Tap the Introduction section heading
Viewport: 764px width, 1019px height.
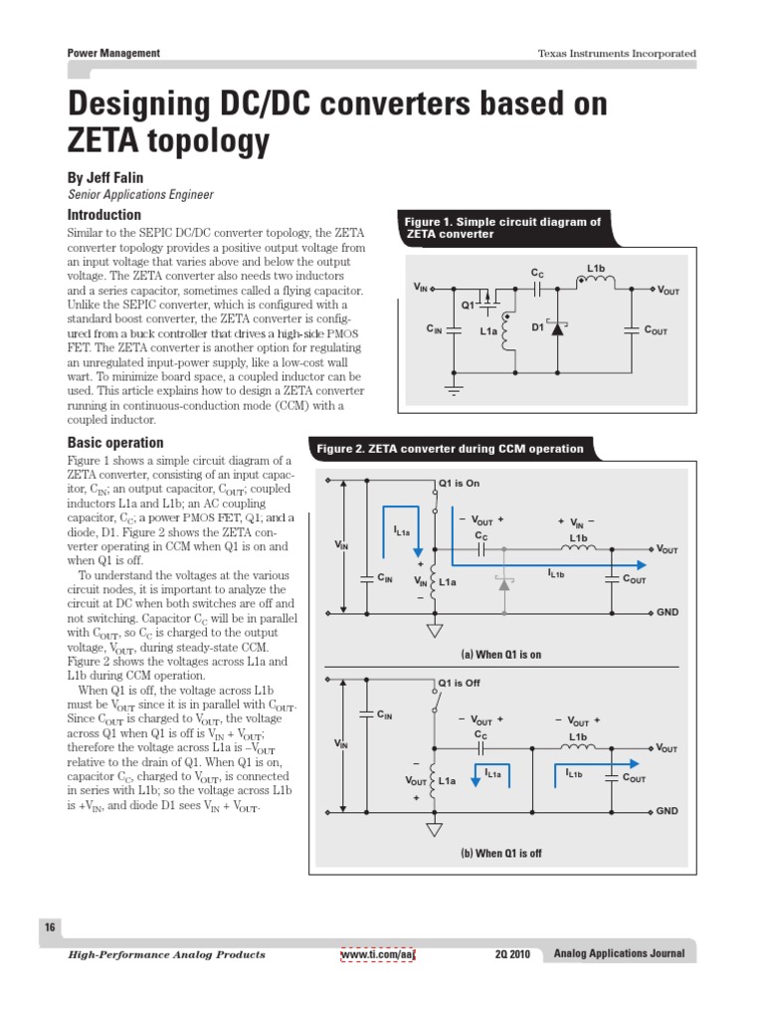point(103,215)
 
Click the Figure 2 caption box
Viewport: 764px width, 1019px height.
point(450,449)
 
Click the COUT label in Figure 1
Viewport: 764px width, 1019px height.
point(656,329)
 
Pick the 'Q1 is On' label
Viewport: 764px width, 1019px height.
point(459,484)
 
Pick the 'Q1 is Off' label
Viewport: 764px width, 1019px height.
point(459,684)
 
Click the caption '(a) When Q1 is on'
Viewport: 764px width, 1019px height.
point(500,655)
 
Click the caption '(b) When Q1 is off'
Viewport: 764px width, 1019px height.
point(500,854)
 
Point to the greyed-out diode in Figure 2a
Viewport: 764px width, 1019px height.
point(504,584)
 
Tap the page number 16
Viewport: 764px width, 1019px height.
point(49,927)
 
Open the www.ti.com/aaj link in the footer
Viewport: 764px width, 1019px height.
point(377,954)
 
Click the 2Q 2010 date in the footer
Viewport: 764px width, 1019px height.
point(512,954)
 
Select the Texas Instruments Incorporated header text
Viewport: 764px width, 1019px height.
point(617,54)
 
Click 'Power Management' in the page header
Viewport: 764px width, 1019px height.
point(113,53)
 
